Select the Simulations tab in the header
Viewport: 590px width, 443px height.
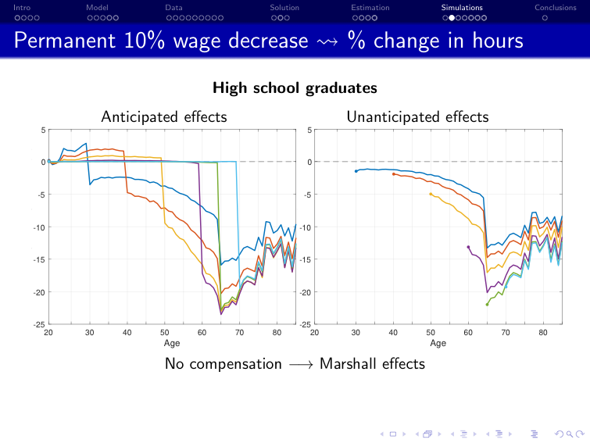pos(462,8)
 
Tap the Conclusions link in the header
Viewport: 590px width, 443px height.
pos(555,8)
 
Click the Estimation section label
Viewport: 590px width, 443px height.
pos(370,8)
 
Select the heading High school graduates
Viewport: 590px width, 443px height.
pos(295,88)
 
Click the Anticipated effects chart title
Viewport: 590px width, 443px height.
pos(163,117)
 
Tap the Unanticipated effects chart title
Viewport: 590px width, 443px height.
pos(417,117)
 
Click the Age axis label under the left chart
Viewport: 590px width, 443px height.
pos(172,342)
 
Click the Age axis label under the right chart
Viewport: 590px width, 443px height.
pos(438,342)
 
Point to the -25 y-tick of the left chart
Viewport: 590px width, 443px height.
pos(38,324)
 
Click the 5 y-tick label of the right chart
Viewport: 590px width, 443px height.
pos(309,130)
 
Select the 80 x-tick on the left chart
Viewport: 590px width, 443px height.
pos(277,333)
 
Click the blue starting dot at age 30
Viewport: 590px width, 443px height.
pos(356,171)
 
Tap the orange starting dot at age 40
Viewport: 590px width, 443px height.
pos(393,174)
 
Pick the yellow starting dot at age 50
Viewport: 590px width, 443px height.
pos(431,194)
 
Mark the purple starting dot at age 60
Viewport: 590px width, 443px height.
pos(468,247)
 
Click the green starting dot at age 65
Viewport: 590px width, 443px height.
pos(487,305)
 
